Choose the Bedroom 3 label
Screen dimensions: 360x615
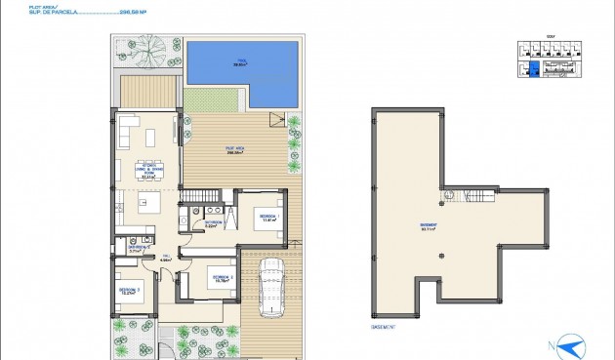click(x=130, y=291)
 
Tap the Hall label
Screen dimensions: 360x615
click(x=165, y=260)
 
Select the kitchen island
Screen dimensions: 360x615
click(x=147, y=204)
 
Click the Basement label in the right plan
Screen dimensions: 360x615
click(x=428, y=228)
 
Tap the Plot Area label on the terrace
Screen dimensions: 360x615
click(x=234, y=150)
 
